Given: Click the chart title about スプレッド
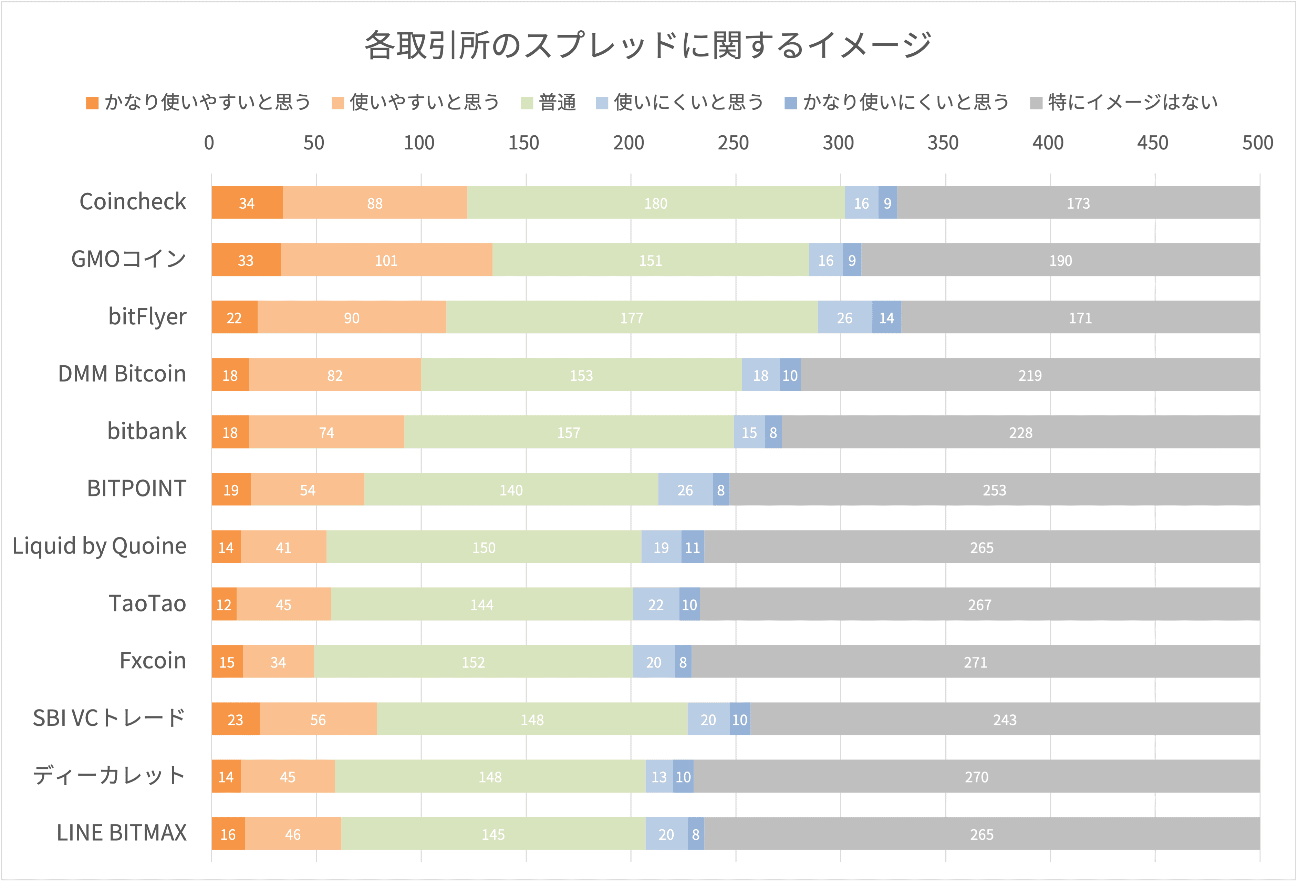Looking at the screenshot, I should (648, 45).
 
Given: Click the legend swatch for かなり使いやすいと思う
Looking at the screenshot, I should (92, 103).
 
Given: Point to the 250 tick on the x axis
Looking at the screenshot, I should (733, 143).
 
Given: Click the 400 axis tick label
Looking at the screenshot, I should (1048, 143).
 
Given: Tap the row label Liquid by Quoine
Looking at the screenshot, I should (100, 546).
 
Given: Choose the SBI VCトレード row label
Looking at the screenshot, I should (109, 718).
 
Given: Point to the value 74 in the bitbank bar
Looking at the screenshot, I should (326, 433).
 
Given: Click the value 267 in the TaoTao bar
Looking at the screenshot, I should (979, 605).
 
